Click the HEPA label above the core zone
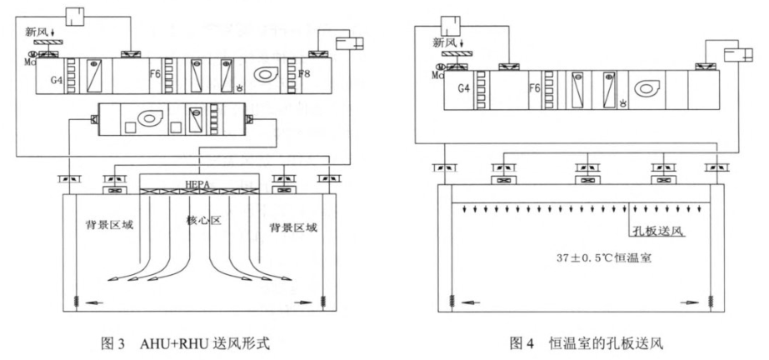194,182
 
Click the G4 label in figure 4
477,84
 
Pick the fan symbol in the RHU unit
148,119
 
